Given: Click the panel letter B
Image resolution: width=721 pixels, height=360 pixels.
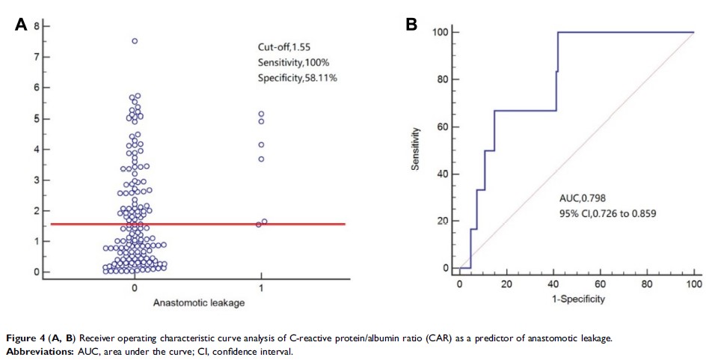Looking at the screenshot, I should [x=411, y=25].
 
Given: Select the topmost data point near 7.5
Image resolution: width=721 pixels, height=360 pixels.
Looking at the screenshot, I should [x=135, y=41].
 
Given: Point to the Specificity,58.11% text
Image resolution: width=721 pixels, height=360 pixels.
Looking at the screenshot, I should [x=298, y=77].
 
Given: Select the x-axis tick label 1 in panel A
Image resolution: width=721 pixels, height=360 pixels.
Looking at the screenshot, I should [x=261, y=287].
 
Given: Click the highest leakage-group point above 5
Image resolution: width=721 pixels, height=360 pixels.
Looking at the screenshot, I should [x=261, y=114].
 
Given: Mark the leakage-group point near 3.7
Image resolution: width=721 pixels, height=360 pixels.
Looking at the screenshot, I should [x=261, y=159].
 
